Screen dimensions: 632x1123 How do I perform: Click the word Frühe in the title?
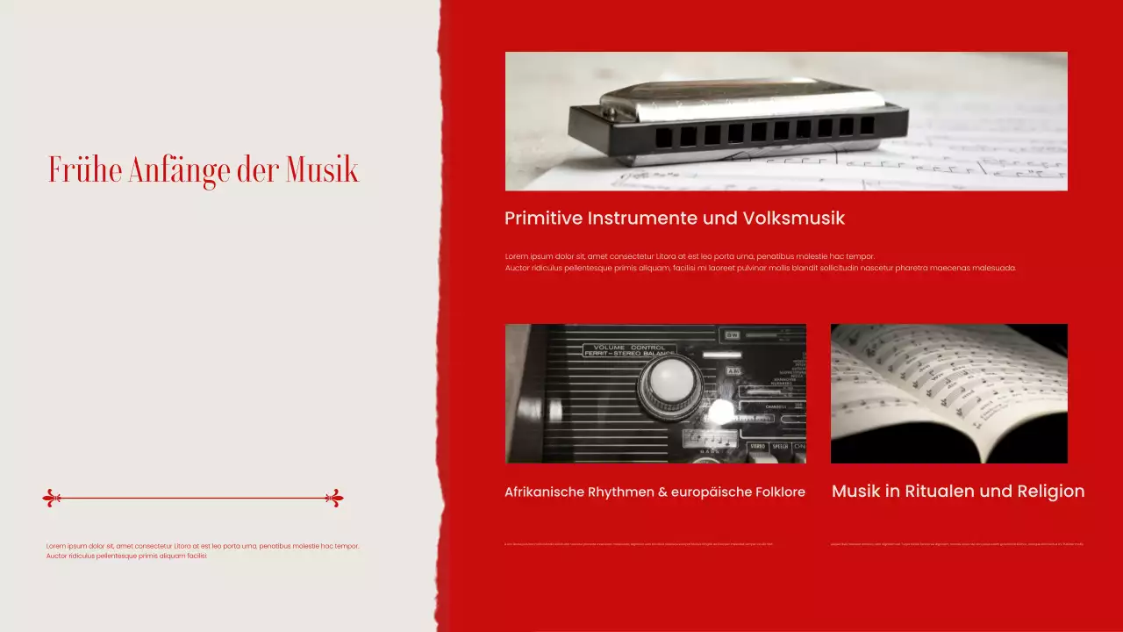[85, 169]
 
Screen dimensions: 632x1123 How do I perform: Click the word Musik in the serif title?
[322, 169]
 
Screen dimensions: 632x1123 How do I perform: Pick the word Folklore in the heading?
[780, 492]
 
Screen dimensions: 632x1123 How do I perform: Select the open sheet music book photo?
[948, 393]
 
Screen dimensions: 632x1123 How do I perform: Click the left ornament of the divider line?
[52, 499]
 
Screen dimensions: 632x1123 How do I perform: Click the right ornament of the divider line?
[334, 499]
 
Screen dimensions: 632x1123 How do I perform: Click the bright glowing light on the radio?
[721, 411]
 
